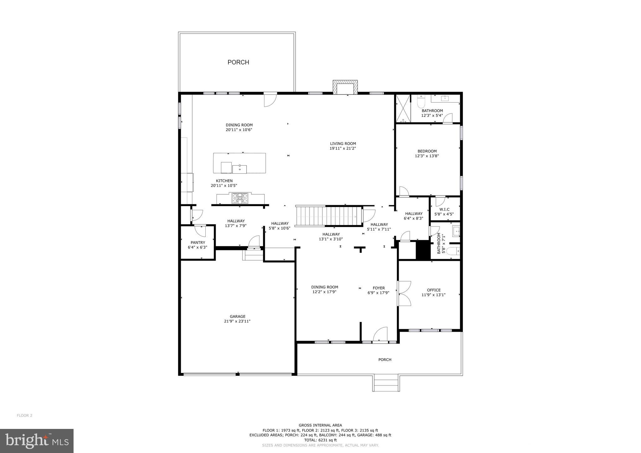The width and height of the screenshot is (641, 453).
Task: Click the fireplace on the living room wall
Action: coord(345,87)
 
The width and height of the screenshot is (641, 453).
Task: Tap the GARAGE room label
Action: coord(237,316)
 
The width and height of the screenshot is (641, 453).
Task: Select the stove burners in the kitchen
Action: coord(240,198)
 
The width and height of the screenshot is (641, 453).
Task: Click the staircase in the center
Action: coord(329,216)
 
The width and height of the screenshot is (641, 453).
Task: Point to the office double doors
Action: coord(404,293)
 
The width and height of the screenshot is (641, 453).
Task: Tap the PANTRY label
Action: coord(198,242)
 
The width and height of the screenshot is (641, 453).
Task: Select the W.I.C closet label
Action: coord(444,209)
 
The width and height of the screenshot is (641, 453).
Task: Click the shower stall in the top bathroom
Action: coord(403,108)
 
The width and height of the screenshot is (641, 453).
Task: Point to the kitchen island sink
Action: coord(239,169)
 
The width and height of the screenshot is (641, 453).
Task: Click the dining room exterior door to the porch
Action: coord(270,99)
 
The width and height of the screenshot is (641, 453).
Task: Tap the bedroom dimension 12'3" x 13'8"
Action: coord(427,156)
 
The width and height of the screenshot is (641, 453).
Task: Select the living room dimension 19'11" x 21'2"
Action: coord(343,148)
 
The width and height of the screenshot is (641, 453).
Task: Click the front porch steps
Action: coord(386,383)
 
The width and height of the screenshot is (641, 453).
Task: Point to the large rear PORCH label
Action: coord(238,62)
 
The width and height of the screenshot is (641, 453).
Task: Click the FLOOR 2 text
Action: coord(24,415)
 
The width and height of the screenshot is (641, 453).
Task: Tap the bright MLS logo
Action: coord(37,441)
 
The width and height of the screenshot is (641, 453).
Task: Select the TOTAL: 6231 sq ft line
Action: coord(320,440)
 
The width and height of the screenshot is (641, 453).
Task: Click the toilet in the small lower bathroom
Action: coord(453,251)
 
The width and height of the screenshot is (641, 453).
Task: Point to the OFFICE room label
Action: coord(433,290)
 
